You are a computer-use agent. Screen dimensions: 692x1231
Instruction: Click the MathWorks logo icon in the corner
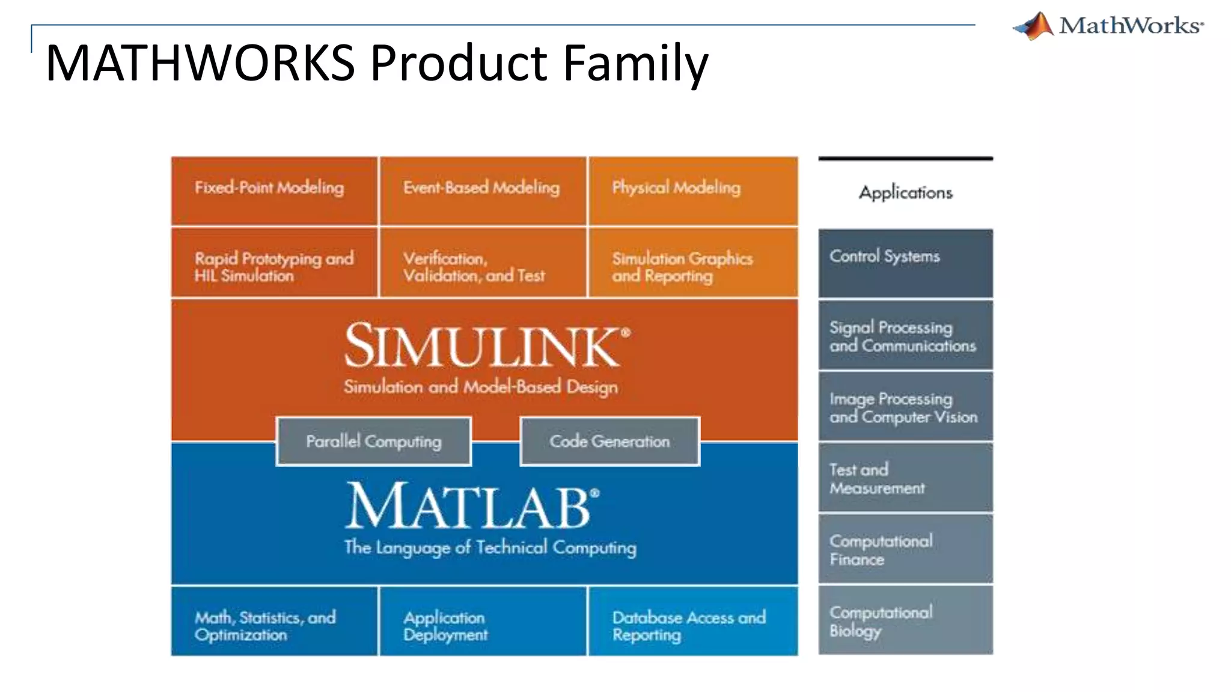tap(1034, 26)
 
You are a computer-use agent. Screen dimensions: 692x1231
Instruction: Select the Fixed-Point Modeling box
tap(274, 191)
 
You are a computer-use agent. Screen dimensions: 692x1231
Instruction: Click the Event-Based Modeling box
tap(483, 191)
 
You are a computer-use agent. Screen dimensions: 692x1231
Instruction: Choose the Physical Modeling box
tap(692, 191)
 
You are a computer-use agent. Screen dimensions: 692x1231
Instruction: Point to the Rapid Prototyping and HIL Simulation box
tap(274, 263)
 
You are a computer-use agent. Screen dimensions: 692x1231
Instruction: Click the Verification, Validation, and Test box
tap(483, 263)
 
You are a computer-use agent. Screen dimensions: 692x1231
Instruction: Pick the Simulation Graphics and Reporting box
tap(692, 263)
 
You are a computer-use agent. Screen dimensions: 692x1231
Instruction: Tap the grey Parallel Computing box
tap(373, 442)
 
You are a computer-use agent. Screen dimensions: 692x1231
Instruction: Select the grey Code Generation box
tap(609, 442)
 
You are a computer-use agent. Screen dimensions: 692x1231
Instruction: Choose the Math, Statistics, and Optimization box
tap(274, 621)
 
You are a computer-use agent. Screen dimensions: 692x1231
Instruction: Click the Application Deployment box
tap(483, 621)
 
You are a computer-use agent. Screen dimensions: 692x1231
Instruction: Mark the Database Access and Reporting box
tap(692, 621)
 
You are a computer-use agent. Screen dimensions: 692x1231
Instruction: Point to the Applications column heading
tap(905, 193)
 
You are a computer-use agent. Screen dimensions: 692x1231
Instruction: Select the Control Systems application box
tap(905, 263)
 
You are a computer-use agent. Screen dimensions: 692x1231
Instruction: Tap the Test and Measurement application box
tap(905, 478)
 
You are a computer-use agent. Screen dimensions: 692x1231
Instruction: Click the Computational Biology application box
tap(905, 620)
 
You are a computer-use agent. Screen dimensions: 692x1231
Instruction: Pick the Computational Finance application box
tap(905, 549)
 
